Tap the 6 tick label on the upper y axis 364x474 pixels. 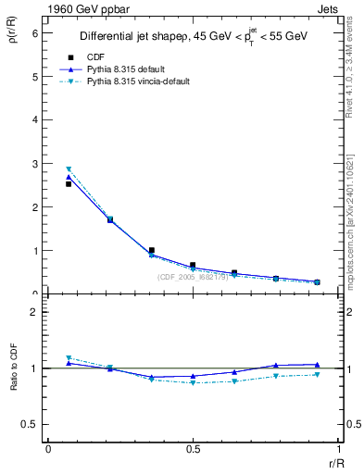35,32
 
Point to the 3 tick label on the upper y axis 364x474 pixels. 35,163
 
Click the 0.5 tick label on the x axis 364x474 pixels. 193,449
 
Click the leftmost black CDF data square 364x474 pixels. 69,183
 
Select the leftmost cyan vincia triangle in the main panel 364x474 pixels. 69,169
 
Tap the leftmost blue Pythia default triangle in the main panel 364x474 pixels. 69,177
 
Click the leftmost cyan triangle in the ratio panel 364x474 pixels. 69,358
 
